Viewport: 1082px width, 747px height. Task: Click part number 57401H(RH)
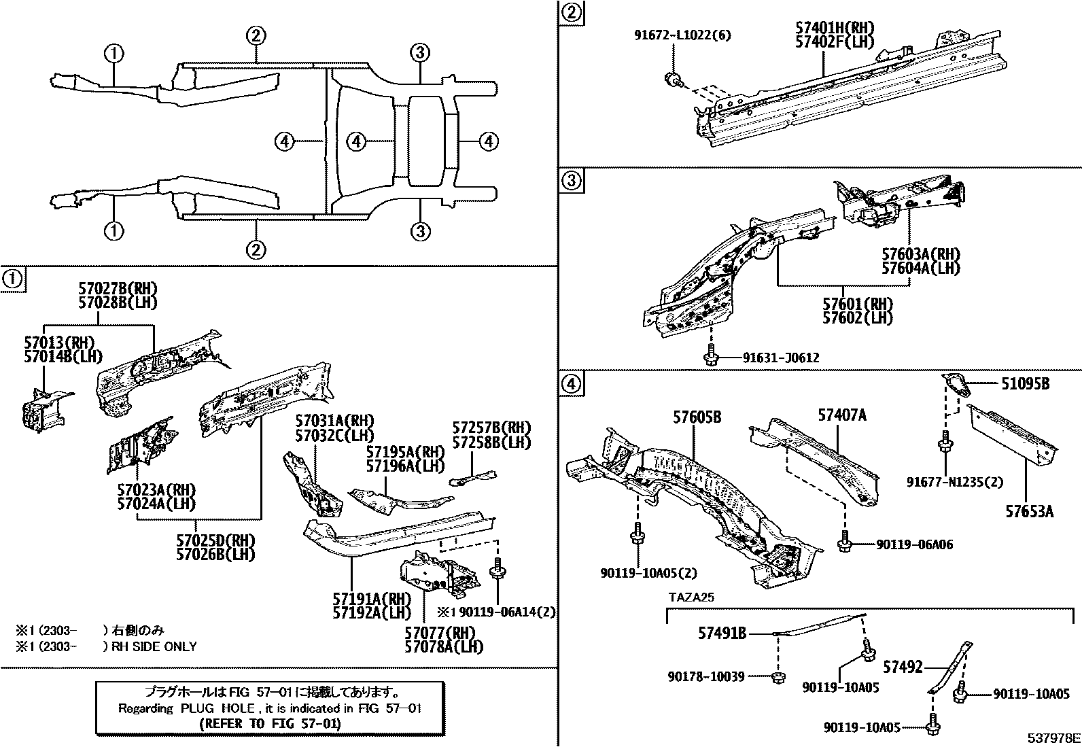pyautogui.click(x=835, y=28)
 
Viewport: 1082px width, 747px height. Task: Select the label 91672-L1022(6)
pyautogui.click(x=682, y=35)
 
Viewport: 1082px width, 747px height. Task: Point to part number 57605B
pyautogui.click(x=697, y=417)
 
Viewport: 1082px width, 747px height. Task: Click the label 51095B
pyautogui.click(x=1025, y=384)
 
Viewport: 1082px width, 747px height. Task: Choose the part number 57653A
pyautogui.click(x=1030, y=511)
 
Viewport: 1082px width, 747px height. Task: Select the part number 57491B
pyautogui.click(x=722, y=633)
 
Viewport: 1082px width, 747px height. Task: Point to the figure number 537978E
pyautogui.click(x=1053, y=738)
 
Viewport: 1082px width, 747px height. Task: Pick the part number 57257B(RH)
pyautogui.click(x=492, y=428)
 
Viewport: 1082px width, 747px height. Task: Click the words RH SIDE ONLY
pyautogui.click(x=154, y=646)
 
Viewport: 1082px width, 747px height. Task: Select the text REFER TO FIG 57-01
pyautogui.click(x=270, y=723)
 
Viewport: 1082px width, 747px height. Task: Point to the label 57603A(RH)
pyautogui.click(x=921, y=255)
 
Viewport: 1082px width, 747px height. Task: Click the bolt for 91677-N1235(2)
pyautogui.click(x=944, y=445)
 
